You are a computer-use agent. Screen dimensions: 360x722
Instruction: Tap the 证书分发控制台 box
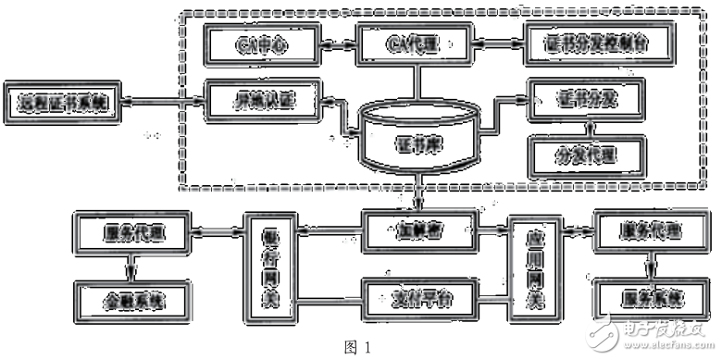(589, 44)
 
